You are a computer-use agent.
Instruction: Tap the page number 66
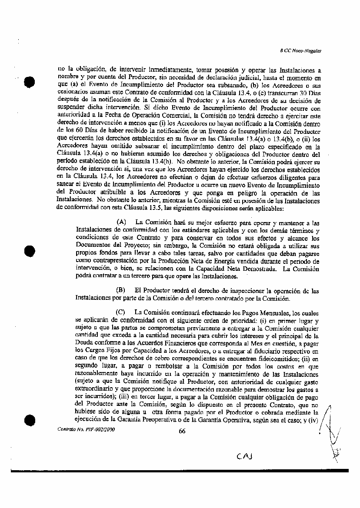tap(182, 431)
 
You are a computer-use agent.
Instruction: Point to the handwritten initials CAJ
tap(245, 456)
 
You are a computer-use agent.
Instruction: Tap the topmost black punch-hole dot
tap(30, 82)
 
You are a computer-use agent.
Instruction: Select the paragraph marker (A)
tap(121, 222)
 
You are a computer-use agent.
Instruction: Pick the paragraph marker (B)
tap(121, 290)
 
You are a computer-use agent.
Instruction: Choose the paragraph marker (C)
tap(121, 312)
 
